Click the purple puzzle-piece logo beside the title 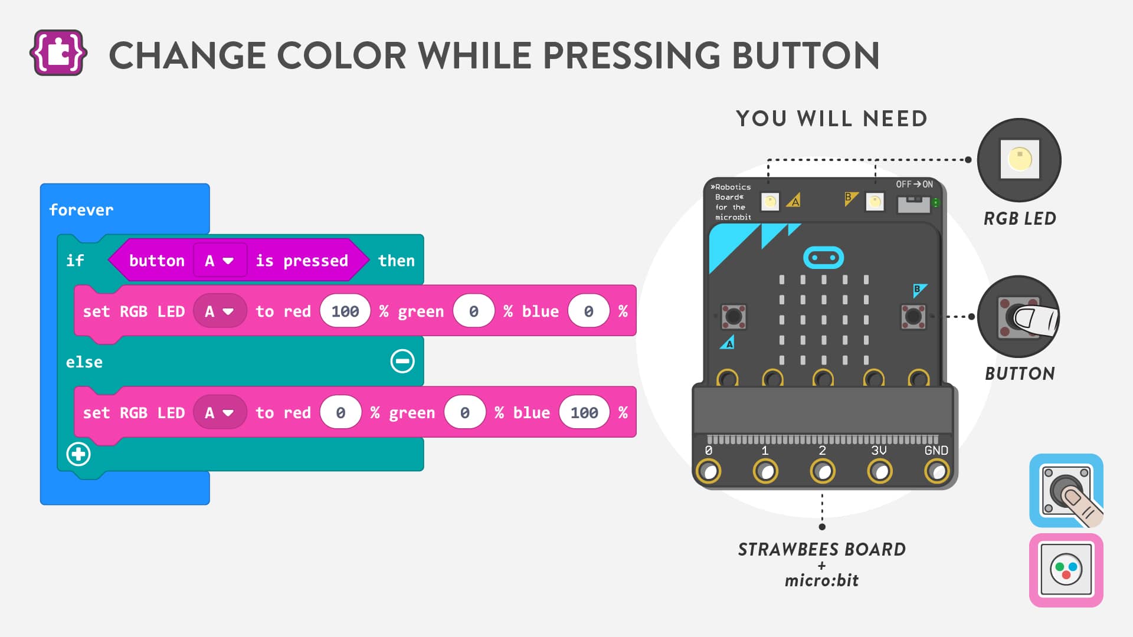58,53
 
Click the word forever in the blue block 81,210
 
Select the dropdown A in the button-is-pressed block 220,261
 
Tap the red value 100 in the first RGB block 345,311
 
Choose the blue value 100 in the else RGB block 584,413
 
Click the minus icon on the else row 402,362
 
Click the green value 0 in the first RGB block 474,311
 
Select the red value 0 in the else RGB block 340,413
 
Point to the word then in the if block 396,261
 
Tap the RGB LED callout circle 1019,160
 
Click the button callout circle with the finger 1019,317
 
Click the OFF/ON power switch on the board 913,204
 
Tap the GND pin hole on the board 936,471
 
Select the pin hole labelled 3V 880,471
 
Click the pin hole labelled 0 709,471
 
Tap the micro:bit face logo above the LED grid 824,258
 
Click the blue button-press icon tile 1066,491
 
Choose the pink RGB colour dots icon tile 1066,570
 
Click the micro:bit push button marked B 913,317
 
